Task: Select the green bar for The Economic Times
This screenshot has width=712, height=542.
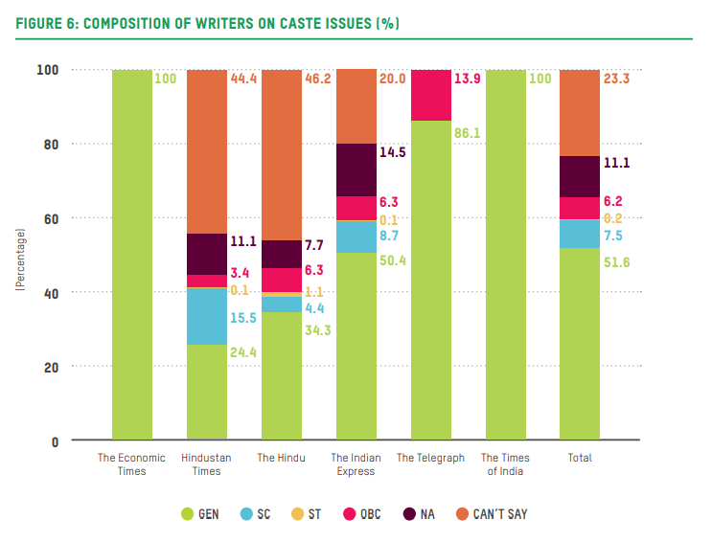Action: point(132,255)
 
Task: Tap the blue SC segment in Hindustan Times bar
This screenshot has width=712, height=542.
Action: point(207,316)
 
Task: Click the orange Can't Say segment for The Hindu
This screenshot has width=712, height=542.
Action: point(281,154)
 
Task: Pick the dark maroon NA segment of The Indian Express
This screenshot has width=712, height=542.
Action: point(356,169)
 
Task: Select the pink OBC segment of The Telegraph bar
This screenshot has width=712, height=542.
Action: point(430,95)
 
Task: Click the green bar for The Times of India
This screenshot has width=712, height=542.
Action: point(505,255)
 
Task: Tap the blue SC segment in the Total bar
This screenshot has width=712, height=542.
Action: point(580,234)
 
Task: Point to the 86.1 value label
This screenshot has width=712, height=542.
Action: point(466,134)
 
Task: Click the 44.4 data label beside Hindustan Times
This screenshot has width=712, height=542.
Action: point(243,79)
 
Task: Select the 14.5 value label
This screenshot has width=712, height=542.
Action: point(392,152)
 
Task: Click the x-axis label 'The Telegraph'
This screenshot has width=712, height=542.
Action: point(430,459)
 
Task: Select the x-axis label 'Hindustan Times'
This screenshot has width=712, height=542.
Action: point(206,464)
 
